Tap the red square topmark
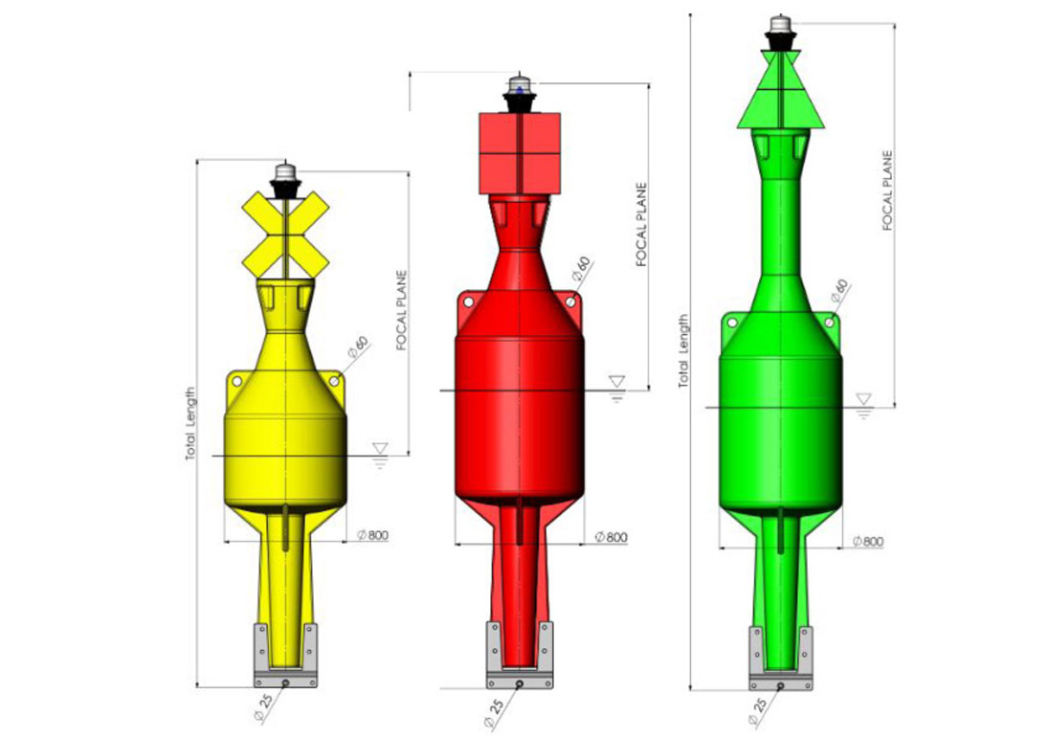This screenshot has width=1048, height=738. [x=520, y=154]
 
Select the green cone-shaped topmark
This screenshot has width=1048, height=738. [x=780, y=89]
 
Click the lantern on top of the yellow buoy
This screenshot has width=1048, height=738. [x=285, y=180]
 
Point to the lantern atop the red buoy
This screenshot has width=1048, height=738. [x=520, y=94]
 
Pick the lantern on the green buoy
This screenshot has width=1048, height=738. [x=780, y=33]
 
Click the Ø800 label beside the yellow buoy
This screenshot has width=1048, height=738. [x=372, y=535]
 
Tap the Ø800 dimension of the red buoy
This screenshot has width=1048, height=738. [x=611, y=537]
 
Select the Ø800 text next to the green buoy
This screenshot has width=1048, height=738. [x=867, y=542]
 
